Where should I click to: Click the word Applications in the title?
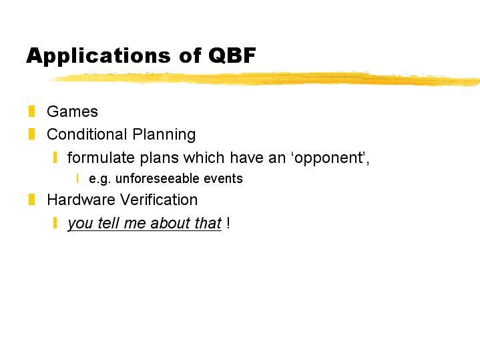click(99, 56)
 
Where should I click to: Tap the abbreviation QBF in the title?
click(232, 55)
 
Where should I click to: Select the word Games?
click(72, 112)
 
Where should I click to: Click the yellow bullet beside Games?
click(31, 112)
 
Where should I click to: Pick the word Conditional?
click(87, 134)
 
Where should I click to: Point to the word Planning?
click(164, 135)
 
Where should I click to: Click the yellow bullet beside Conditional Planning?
click(31, 134)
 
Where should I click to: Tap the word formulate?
click(101, 158)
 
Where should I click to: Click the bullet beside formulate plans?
click(55, 158)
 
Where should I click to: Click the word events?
click(223, 178)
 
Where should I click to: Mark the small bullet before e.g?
click(77, 178)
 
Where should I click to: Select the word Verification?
click(159, 200)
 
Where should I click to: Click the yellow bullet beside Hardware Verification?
click(31, 200)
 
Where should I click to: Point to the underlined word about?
click(168, 222)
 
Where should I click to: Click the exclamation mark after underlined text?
click(228, 222)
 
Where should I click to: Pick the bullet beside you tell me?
click(55, 222)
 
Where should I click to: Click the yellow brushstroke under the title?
click(265, 79)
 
